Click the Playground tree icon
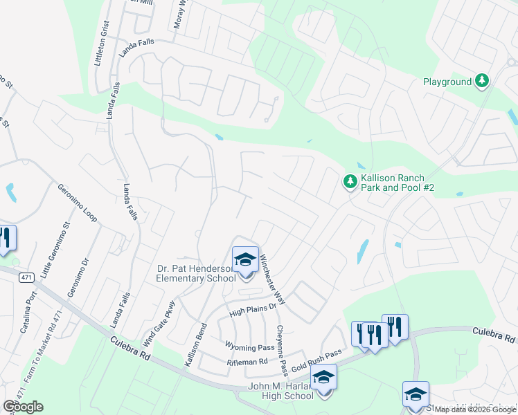482,82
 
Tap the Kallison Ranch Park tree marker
350,182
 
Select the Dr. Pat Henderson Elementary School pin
245,261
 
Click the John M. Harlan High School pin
323,378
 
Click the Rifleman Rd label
247,362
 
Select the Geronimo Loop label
78,203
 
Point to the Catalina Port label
27,311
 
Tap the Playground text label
447,82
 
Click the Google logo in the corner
22,407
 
